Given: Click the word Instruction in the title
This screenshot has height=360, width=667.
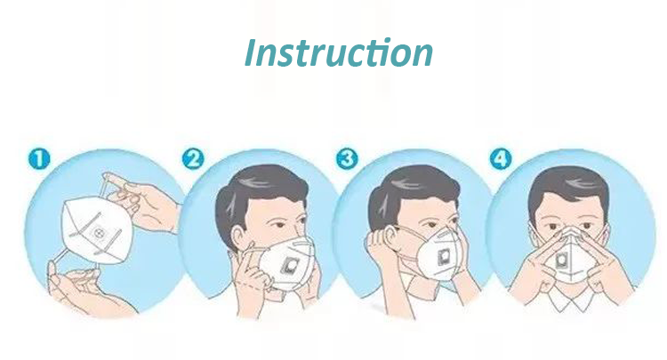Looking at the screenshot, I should point(339,52).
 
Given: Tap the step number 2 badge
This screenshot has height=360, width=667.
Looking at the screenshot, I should point(193,160).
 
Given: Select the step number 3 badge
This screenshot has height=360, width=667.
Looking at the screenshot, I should point(347,160).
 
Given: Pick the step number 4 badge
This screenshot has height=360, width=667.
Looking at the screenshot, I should point(502,160).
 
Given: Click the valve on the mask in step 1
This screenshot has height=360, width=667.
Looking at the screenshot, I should point(100,235).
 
